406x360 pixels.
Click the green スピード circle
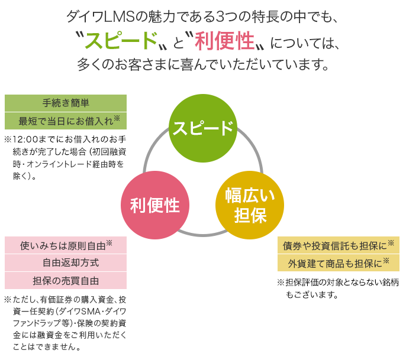[x=202, y=127]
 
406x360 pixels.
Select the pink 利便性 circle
[x=155, y=205]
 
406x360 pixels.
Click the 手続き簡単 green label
[x=66, y=103]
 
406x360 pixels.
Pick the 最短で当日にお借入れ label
[x=66, y=121]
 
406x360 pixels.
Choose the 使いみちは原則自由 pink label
[x=66, y=245]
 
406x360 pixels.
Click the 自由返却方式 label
[x=66, y=262]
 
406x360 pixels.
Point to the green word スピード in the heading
[x=120, y=40]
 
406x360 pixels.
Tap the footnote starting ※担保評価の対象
[x=337, y=288]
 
